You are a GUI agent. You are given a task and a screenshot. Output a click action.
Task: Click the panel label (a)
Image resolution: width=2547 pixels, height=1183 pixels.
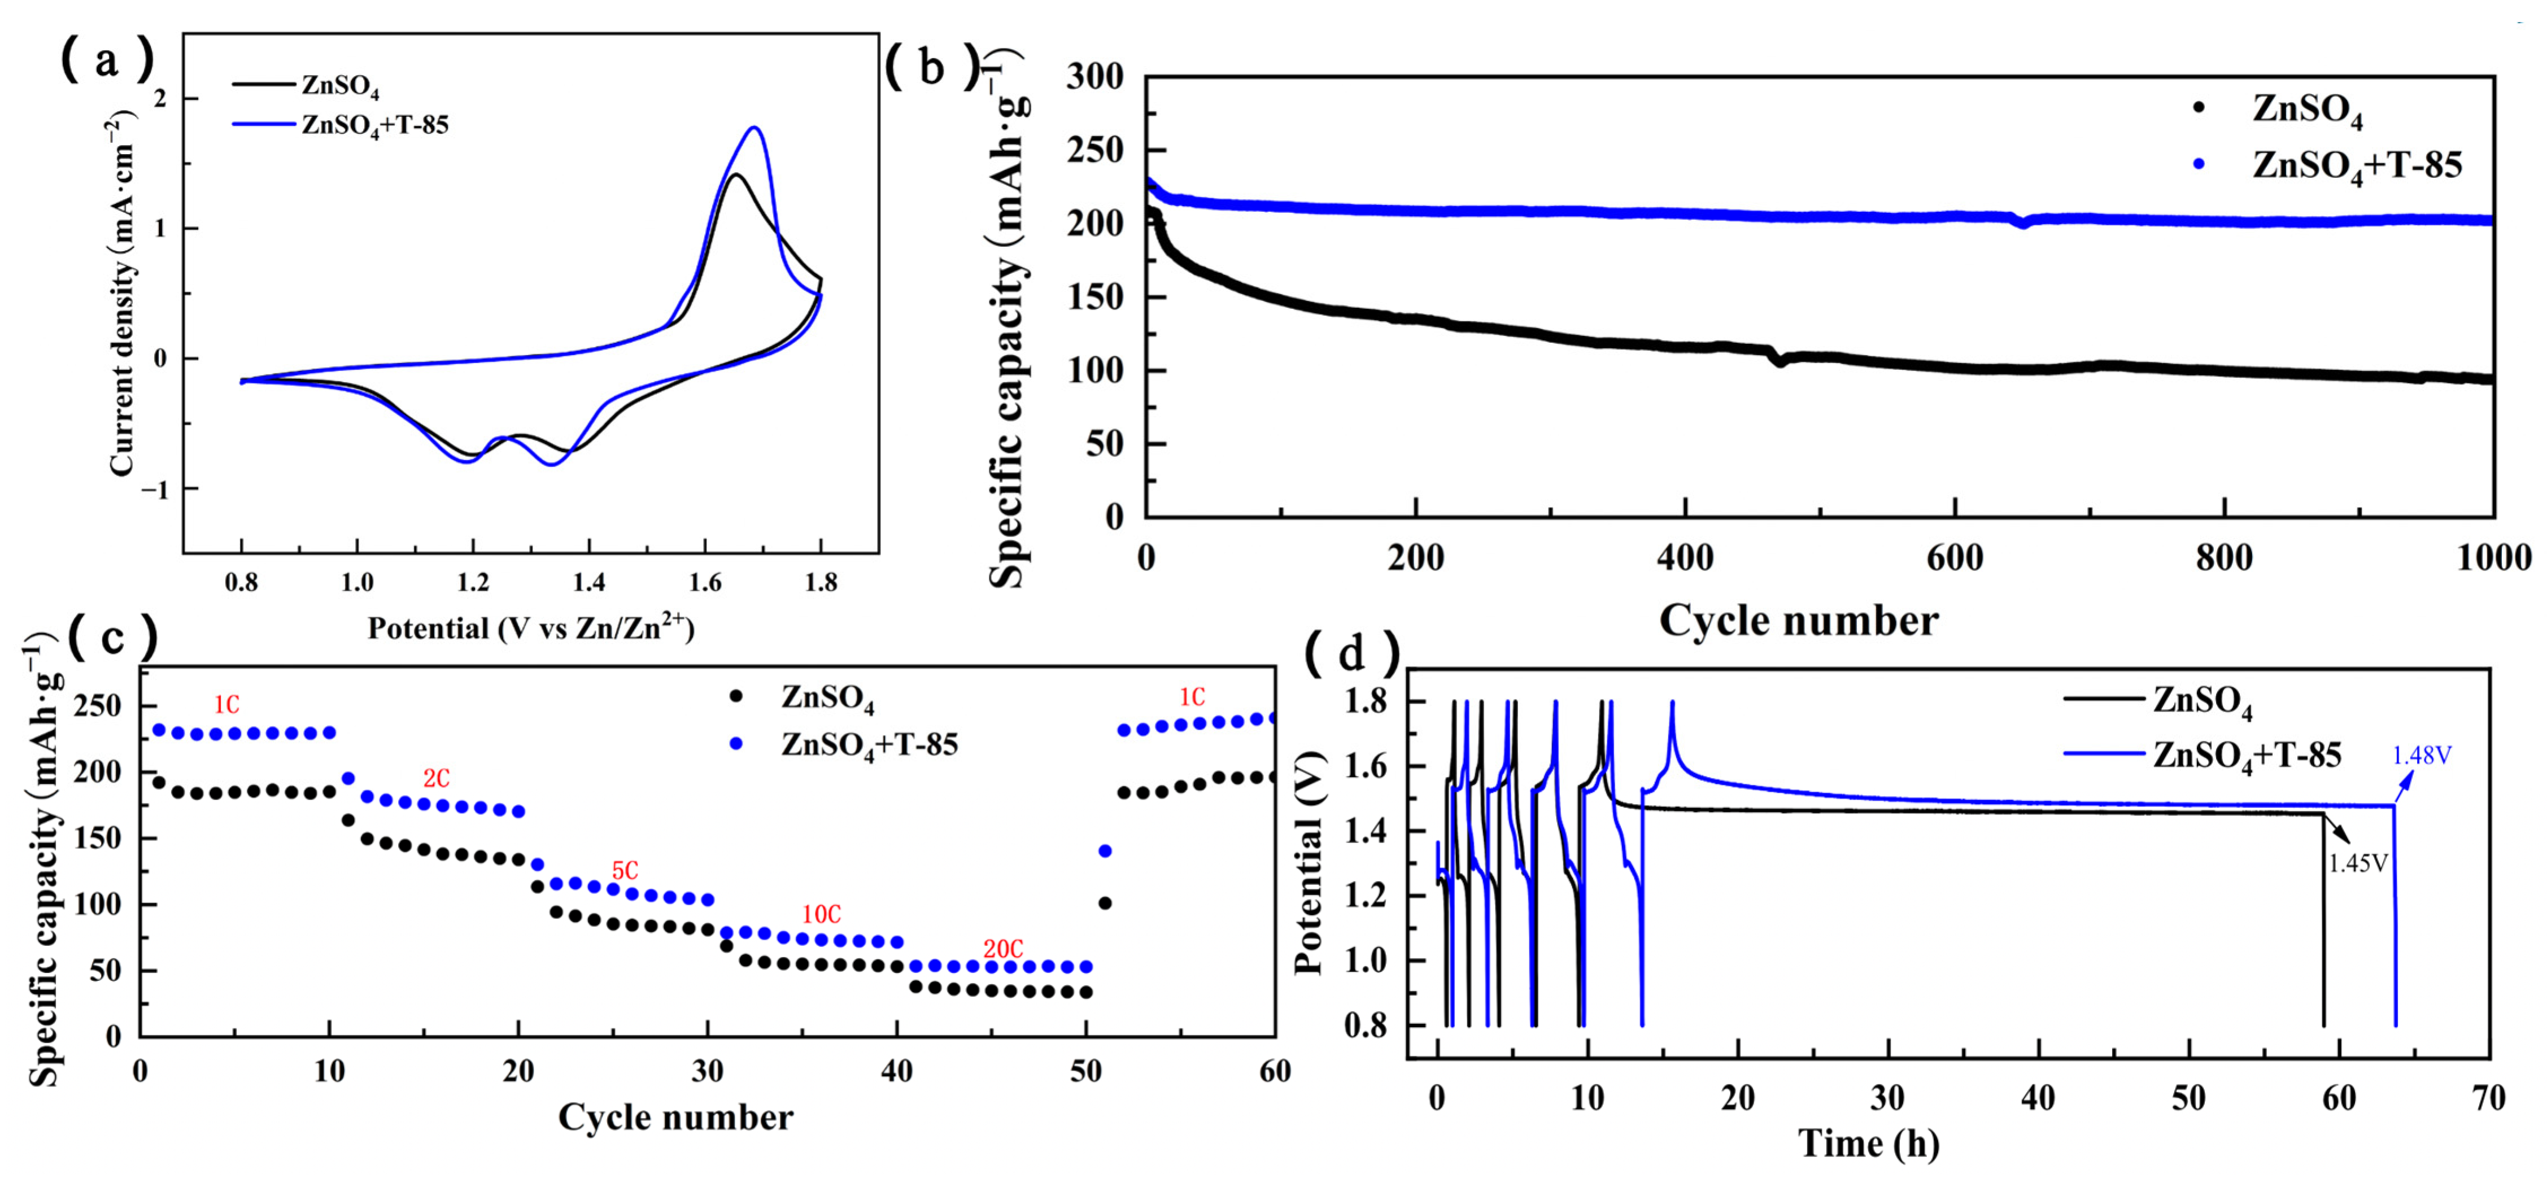coord(107,62)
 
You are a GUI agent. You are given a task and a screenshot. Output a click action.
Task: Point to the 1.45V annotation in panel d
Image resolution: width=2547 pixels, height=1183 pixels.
coord(2358,863)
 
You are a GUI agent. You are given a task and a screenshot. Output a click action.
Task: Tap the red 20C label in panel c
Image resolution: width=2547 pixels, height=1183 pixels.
coord(1002,949)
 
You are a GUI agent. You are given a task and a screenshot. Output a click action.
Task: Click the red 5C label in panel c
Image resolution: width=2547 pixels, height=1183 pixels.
coord(625,871)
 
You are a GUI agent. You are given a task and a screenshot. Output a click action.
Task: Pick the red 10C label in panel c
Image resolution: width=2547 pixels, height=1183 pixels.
coord(821,914)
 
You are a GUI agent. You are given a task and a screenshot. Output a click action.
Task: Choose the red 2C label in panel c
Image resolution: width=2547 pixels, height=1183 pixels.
coord(436,779)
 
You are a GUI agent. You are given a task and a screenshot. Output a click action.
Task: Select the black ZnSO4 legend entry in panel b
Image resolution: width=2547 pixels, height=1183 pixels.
coord(2307,109)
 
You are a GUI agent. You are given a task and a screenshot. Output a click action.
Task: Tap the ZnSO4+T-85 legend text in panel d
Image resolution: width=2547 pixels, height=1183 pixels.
coord(2247,756)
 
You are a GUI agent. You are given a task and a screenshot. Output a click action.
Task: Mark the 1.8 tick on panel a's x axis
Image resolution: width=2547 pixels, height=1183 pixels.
coord(821,583)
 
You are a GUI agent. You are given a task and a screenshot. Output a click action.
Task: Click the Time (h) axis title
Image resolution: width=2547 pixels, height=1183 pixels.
coord(1868,1143)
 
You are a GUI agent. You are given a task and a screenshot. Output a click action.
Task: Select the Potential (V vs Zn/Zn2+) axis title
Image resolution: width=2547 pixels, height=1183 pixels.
coord(531,628)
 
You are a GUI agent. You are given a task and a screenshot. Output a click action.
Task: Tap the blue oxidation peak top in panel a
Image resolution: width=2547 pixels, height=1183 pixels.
coord(754,128)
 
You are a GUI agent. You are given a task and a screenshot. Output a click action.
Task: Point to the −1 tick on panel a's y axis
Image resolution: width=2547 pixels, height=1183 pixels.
coord(155,489)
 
